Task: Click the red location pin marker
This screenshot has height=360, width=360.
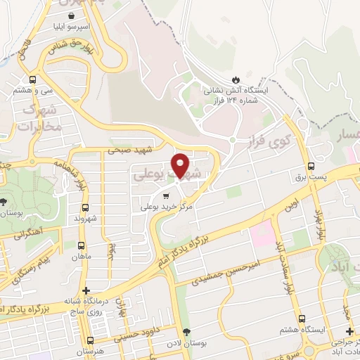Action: click(x=181, y=166)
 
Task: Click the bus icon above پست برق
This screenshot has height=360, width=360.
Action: click(x=311, y=166)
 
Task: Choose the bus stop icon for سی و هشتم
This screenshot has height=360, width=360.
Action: click(x=32, y=79)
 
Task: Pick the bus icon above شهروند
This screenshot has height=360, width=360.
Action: click(x=85, y=207)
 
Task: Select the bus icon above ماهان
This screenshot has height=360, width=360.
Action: click(x=82, y=246)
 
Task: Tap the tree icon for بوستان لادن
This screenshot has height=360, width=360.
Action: click(x=186, y=332)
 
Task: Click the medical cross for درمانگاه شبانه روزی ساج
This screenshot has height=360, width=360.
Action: click(x=86, y=290)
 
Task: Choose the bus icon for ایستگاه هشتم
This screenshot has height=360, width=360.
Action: click(x=301, y=319)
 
